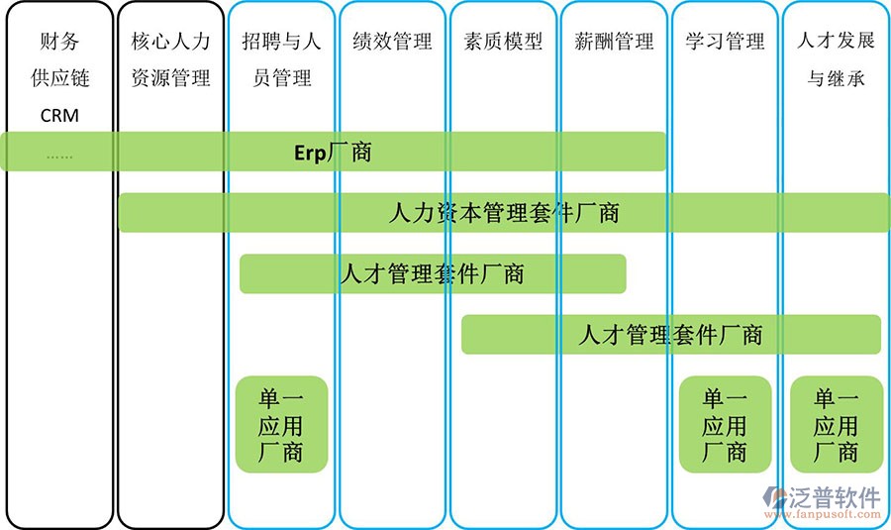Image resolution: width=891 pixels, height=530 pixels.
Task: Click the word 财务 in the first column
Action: [x=59, y=43]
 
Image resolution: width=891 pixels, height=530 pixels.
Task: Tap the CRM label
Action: [x=59, y=116]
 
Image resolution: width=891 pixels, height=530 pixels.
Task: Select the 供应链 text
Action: [x=59, y=79]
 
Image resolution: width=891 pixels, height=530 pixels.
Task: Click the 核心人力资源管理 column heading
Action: [x=171, y=60]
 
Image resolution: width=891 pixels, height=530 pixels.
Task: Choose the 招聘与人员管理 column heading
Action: [x=282, y=60]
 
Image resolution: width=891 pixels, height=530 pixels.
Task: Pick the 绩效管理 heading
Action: [x=393, y=43]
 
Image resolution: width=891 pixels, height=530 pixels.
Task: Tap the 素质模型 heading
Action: [x=504, y=43]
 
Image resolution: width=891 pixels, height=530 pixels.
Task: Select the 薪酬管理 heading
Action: [x=615, y=43]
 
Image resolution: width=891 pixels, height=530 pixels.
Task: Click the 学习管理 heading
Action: [x=726, y=43]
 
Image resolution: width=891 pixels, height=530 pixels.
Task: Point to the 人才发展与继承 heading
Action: [x=837, y=60]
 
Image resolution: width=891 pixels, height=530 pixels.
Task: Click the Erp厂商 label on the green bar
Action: [x=333, y=152]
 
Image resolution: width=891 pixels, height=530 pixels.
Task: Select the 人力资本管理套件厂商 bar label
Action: [x=504, y=213]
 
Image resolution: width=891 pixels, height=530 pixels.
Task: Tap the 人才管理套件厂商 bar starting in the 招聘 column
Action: [x=432, y=274]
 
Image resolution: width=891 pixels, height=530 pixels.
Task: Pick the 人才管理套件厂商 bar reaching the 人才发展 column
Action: [x=670, y=335]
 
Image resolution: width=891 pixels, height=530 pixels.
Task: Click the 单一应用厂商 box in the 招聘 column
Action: [x=281, y=425]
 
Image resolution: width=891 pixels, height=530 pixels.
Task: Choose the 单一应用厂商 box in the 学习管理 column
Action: [x=725, y=425]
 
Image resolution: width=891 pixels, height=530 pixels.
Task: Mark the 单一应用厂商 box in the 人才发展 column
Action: [x=837, y=425]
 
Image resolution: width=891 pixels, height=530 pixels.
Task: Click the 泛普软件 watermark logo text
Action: [x=834, y=496]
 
